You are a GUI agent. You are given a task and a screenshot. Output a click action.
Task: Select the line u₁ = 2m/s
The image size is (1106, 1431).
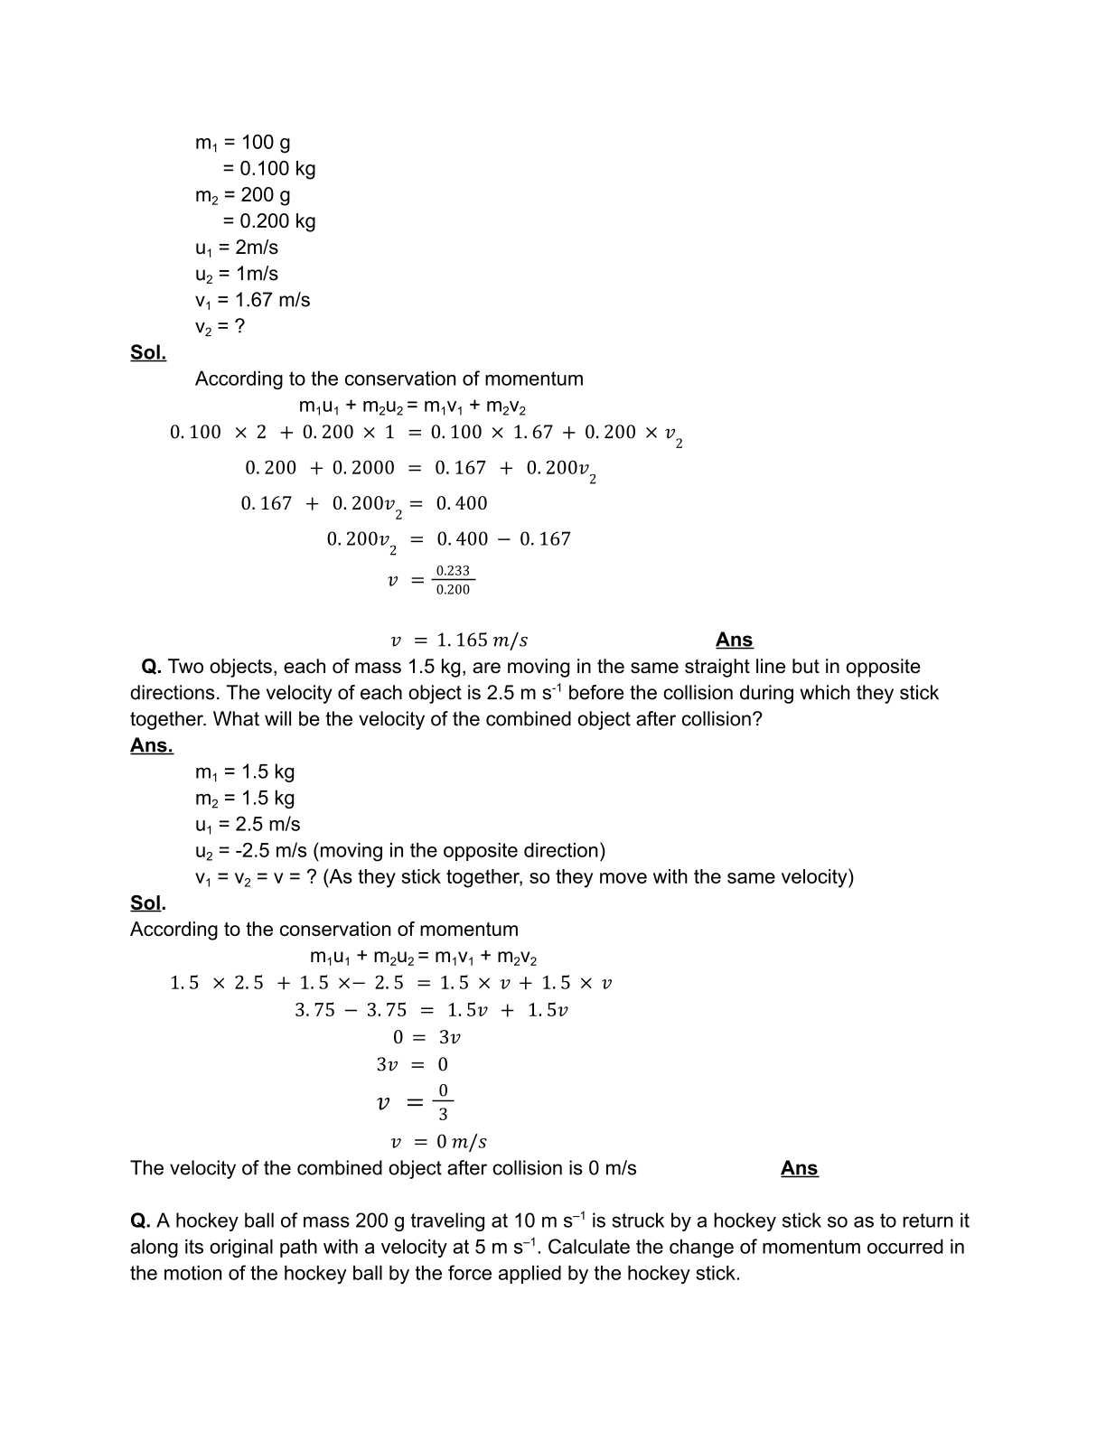(x=237, y=248)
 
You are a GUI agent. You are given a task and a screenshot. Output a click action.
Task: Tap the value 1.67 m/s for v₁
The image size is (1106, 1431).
(x=272, y=300)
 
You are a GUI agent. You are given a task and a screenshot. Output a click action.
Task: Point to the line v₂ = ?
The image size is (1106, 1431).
(x=220, y=326)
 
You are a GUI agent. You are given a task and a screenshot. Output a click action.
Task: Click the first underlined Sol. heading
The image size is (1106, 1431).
(x=148, y=352)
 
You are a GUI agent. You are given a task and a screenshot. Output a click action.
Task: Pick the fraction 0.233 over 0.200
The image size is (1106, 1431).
(x=453, y=580)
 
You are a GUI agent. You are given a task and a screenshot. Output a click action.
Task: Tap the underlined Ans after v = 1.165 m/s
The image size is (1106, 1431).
(x=734, y=640)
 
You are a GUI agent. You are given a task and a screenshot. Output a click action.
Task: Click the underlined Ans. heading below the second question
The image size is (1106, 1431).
(x=151, y=745)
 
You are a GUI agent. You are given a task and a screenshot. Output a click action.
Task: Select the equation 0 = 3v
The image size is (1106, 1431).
(x=426, y=1037)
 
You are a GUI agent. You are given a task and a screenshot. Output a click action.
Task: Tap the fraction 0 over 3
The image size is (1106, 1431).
(x=443, y=1102)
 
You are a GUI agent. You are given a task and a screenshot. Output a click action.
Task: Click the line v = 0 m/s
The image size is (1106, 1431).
(x=438, y=1142)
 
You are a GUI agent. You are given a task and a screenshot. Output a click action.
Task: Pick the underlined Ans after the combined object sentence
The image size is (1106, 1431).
(x=799, y=1168)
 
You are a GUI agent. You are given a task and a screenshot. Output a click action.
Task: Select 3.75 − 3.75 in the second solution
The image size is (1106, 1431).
(x=351, y=1010)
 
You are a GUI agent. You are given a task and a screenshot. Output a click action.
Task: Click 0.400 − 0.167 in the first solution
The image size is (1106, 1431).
(x=503, y=539)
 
